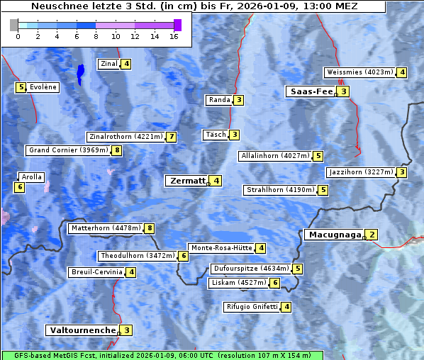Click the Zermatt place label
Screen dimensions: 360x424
[187, 181]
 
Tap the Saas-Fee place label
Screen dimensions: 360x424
[311, 91]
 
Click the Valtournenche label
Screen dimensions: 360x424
[82, 330]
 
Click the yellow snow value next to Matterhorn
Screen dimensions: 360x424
[149, 228]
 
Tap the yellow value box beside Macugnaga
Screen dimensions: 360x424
[372, 235]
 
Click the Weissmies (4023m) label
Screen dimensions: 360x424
[359, 72]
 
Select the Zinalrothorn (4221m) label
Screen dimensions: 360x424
[125, 137]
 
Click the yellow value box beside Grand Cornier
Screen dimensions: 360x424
[117, 150]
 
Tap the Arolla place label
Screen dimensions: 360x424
[32, 177]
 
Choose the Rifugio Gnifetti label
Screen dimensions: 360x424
[251, 307]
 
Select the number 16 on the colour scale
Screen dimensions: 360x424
[173, 37]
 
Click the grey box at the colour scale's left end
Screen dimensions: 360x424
[14, 25]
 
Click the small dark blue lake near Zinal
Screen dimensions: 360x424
[80, 72]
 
